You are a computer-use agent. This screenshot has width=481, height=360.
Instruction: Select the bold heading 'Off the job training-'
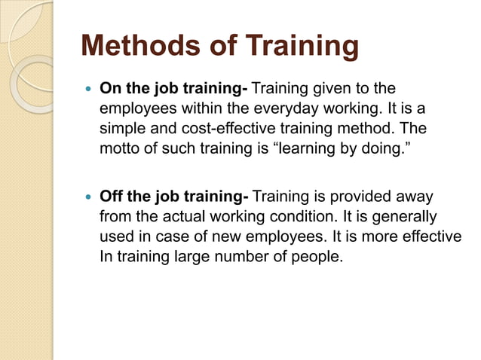pyautogui.click(x=174, y=197)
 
